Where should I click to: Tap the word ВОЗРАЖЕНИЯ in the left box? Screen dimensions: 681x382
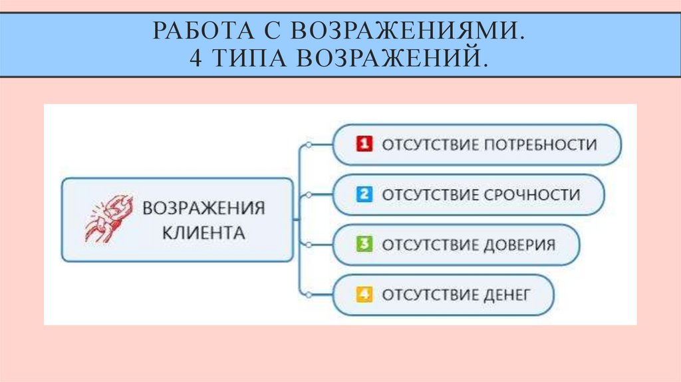point(203,208)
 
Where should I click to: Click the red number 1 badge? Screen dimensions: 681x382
point(363,144)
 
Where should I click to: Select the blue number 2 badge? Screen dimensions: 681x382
point(363,194)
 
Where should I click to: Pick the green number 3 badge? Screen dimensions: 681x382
point(363,244)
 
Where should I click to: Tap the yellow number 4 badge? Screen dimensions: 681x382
point(363,294)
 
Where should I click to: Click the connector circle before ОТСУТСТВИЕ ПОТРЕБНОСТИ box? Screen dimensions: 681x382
point(307,144)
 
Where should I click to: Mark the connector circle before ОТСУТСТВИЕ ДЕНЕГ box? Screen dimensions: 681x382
point(307,293)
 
